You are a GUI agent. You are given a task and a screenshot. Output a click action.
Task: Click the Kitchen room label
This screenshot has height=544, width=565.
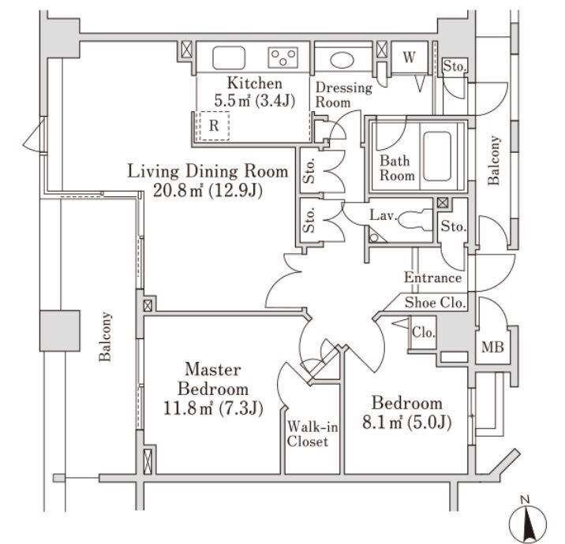click(x=253, y=84)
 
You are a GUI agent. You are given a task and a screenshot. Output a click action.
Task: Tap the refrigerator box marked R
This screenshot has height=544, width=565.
click(x=214, y=125)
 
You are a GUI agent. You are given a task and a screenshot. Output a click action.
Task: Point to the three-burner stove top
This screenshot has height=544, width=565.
click(x=285, y=57)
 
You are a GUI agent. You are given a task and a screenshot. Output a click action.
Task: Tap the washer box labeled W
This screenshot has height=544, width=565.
click(x=409, y=57)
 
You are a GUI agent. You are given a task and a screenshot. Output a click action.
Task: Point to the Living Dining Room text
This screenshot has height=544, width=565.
click(x=206, y=170)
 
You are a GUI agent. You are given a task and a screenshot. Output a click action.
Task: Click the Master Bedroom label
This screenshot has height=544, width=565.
click(x=216, y=378)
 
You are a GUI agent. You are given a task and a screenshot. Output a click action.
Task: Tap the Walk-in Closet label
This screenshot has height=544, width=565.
click(x=308, y=434)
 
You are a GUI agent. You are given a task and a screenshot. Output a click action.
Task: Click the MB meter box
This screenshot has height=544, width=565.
click(x=494, y=346)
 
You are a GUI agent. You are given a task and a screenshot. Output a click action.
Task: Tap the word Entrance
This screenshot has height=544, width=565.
click(x=432, y=278)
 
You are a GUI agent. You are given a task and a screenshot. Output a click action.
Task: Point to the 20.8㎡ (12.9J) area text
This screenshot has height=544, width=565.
click(x=206, y=190)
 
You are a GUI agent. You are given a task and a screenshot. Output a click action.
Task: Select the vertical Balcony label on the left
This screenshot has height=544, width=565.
click(x=105, y=337)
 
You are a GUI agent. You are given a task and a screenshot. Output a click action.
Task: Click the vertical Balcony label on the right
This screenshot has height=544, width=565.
click(x=494, y=161)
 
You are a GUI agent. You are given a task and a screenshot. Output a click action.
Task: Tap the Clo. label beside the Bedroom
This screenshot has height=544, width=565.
click(x=423, y=333)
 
